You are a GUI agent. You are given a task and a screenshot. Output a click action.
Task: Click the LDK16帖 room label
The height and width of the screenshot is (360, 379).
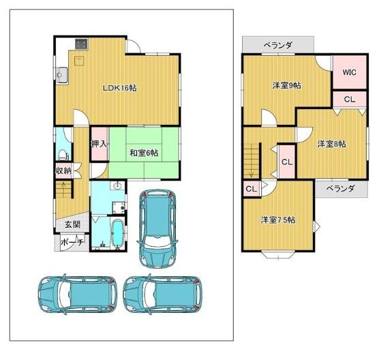(120, 88)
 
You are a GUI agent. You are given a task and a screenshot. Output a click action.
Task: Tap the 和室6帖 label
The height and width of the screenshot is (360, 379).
(144, 153)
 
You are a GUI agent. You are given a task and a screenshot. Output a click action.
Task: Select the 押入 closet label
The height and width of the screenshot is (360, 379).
(99, 144)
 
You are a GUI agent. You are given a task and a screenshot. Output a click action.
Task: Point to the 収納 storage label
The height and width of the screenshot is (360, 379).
(64, 170)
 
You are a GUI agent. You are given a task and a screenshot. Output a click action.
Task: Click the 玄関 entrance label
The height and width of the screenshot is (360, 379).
(72, 224)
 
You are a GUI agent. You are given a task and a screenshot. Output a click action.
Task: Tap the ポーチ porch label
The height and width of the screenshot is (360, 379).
(72, 242)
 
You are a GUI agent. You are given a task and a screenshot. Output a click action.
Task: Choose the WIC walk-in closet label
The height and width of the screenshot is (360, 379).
(349, 72)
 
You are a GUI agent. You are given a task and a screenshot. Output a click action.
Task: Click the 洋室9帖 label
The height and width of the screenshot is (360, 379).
(287, 85)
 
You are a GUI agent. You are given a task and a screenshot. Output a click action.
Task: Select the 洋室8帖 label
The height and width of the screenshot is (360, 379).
(331, 144)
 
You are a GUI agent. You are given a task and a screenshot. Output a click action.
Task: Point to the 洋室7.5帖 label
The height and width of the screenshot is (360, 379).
(278, 220)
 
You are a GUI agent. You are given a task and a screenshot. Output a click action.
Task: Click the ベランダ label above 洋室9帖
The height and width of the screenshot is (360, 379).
(278, 45)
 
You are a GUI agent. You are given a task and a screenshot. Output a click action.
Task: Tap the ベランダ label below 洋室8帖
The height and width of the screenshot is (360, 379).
(341, 188)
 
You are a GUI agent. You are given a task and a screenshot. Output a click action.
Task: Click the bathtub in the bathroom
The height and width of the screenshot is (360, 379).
(118, 233)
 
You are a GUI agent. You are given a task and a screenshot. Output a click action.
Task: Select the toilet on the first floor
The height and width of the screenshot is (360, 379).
(63, 155)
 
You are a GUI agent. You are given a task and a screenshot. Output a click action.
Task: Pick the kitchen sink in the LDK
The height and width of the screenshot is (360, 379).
(62, 75)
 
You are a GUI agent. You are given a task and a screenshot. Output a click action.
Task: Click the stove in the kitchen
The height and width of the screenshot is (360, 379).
(81, 44)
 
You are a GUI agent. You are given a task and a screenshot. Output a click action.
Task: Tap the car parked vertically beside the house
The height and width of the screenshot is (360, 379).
(157, 228)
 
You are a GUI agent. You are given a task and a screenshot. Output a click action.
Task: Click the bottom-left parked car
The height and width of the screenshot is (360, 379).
(77, 295)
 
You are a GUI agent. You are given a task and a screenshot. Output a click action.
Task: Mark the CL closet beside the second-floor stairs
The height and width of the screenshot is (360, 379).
(287, 162)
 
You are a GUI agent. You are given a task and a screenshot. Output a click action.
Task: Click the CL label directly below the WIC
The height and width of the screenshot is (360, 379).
(350, 99)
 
